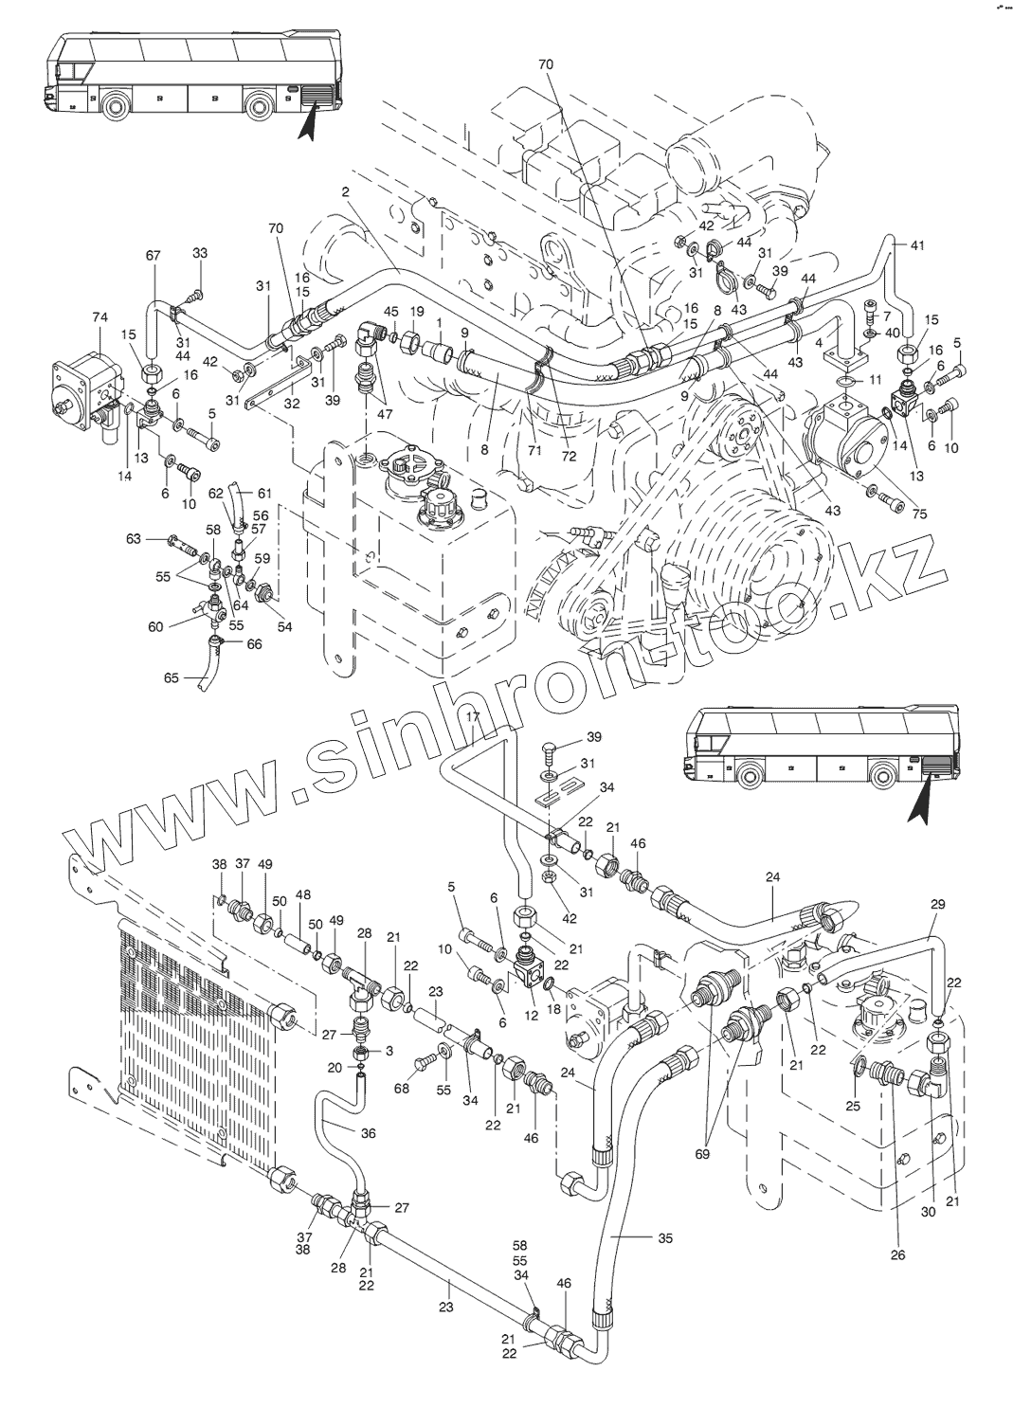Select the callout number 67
[x=154, y=256]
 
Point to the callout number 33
[x=200, y=253]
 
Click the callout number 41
[x=916, y=245]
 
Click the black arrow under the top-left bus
[x=308, y=123]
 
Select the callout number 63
[x=134, y=538]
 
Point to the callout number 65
[x=172, y=678]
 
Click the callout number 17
[x=474, y=717]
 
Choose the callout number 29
[x=937, y=906]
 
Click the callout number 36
[x=369, y=1131]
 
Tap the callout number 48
[x=303, y=893]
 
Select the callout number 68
[x=401, y=1089]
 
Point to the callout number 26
[x=898, y=1255]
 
